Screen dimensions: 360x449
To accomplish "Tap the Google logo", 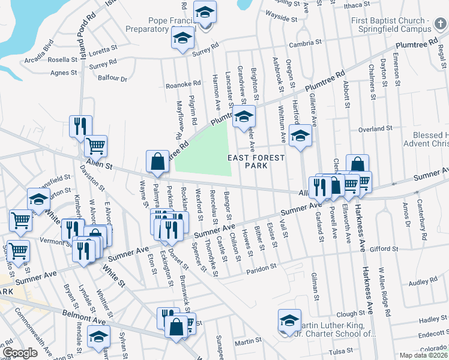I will coord(20,353).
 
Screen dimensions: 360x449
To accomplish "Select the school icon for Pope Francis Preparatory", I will coord(205,13).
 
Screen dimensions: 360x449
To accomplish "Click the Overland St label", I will coord(375,129).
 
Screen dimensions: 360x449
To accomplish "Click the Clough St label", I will coord(351,313).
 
